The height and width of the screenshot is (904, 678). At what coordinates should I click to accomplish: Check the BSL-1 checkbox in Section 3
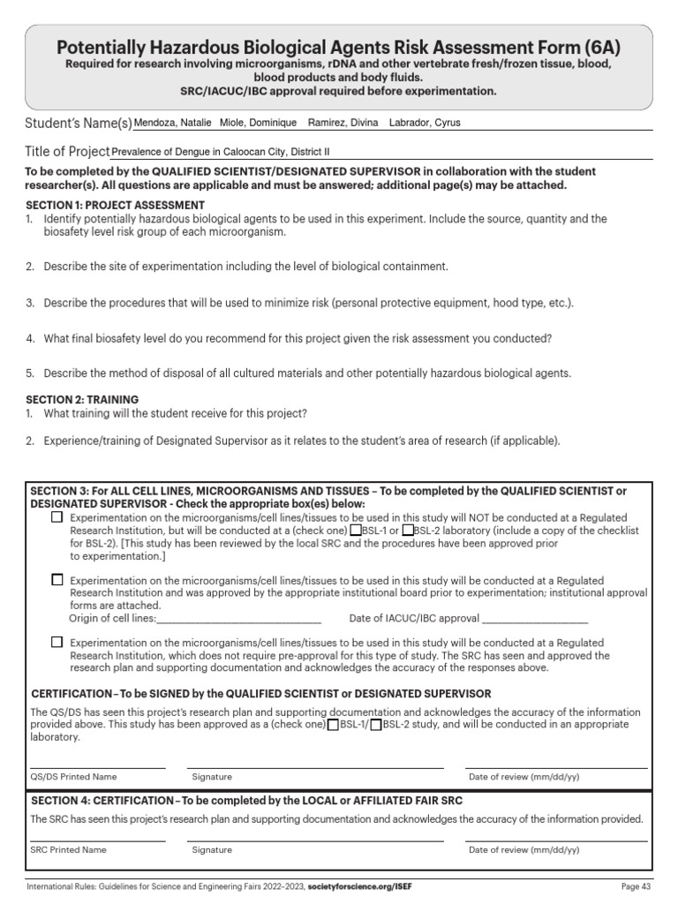click(356, 531)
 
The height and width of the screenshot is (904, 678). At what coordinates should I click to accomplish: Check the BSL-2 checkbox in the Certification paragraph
click(376, 725)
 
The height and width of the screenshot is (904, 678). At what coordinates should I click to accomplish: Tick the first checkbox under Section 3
click(57, 517)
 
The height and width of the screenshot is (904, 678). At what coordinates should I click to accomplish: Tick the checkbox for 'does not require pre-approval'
click(57, 643)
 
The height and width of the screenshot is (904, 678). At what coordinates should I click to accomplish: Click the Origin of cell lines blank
click(238, 619)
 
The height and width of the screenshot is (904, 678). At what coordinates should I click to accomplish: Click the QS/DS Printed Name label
click(73, 777)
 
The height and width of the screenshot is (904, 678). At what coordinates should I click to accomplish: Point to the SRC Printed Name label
click(68, 849)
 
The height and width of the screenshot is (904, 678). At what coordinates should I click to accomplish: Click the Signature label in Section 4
click(212, 849)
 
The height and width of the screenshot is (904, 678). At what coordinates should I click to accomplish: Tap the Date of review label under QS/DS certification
click(524, 777)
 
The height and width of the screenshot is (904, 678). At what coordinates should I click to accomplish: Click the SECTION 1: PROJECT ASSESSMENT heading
click(116, 205)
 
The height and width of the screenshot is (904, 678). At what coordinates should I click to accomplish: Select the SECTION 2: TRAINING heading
click(82, 400)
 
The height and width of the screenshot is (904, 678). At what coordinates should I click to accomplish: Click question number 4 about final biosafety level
click(30, 338)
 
